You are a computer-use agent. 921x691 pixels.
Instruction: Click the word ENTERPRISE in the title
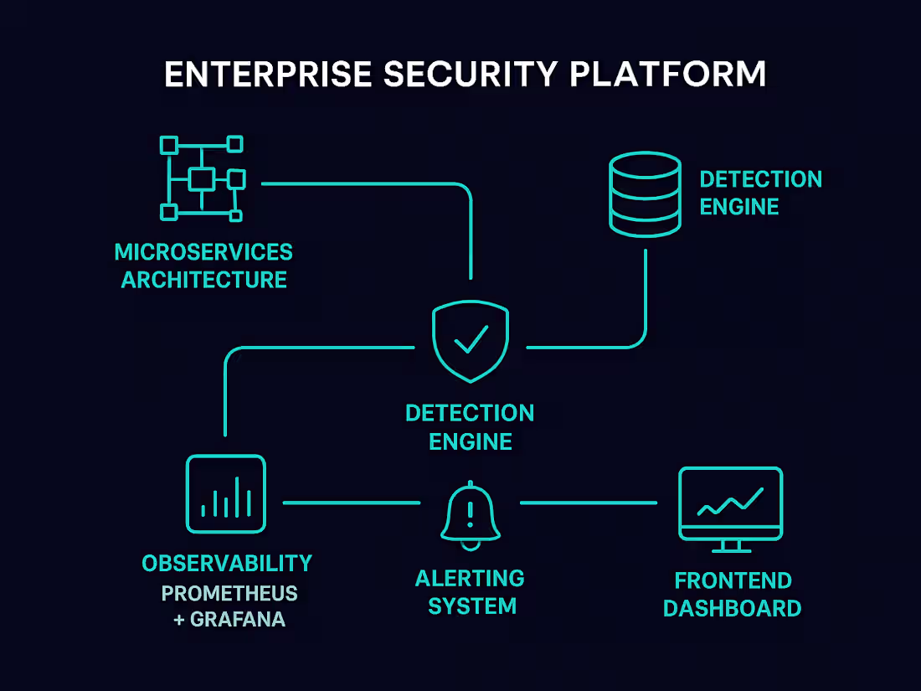pyautogui.click(x=267, y=75)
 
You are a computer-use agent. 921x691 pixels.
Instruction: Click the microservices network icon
pyautogui.click(x=202, y=178)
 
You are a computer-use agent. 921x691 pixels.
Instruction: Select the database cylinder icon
pyautogui.click(x=643, y=194)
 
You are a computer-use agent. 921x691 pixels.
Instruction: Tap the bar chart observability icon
pyautogui.click(x=226, y=494)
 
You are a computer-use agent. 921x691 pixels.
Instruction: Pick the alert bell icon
pyautogui.click(x=470, y=513)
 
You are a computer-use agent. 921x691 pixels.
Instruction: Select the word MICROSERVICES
pyautogui.click(x=203, y=252)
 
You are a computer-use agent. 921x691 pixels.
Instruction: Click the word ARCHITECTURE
pyautogui.click(x=203, y=280)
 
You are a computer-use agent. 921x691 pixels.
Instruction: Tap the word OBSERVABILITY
pyautogui.click(x=226, y=564)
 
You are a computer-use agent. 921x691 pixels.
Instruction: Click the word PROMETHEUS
pyautogui.click(x=229, y=594)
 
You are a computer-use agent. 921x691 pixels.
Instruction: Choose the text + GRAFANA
pyautogui.click(x=229, y=621)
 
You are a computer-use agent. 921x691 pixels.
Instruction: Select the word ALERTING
pyautogui.click(x=470, y=579)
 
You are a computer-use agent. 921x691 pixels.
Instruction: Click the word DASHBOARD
pyautogui.click(x=732, y=608)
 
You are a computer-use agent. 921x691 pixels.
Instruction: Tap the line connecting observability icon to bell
pyautogui.click(x=352, y=503)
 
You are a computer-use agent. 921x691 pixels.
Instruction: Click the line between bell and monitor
pyautogui.click(x=589, y=503)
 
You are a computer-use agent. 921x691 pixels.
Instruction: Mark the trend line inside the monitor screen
pyautogui.click(x=730, y=502)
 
